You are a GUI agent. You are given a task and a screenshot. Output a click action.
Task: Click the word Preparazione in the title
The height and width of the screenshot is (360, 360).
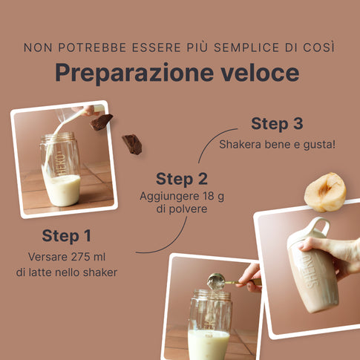[x=134, y=73]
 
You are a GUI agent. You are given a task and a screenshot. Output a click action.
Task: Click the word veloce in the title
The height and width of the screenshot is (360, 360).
[x=260, y=72]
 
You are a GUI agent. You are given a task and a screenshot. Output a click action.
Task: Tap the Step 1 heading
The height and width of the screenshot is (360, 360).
[x=67, y=235]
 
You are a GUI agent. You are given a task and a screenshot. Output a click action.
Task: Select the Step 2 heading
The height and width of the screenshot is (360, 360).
[x=182, y=179]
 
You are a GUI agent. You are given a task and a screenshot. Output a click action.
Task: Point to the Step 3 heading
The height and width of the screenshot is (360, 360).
[x=277, y=123]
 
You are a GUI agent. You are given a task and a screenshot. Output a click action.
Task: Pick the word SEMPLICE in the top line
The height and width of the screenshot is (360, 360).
[x=246, y=48]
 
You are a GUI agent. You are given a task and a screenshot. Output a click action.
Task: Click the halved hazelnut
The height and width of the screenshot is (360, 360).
[x=325, y=192]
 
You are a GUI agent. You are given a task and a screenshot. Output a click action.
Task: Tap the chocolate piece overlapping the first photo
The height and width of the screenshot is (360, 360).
[x=101, y=122]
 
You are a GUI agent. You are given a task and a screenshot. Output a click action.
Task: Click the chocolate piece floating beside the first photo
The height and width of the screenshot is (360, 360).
[x=132, y=144]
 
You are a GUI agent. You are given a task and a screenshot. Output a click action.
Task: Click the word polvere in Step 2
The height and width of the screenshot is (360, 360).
[x=188, y=209]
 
